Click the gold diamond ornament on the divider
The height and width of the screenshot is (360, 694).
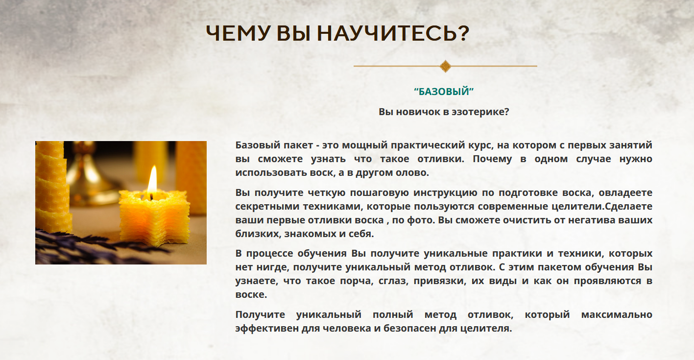[x=445, y=66]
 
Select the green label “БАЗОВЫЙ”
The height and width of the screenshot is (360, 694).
[x=444, y=92]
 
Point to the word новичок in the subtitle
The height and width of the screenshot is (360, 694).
[x=416, y=112]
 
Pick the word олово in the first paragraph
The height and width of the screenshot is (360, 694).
[x=414, y=173]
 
